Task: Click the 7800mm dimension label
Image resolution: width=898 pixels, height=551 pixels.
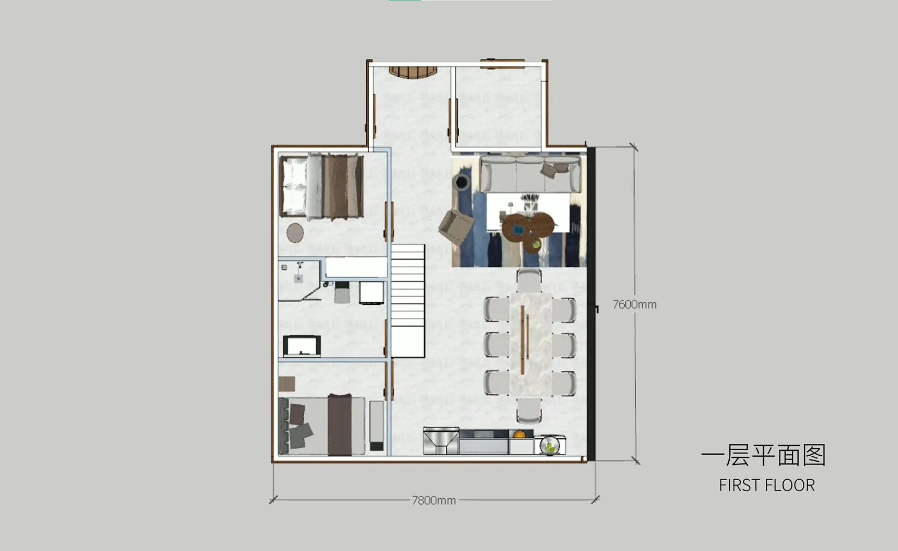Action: click(x=434, y=500)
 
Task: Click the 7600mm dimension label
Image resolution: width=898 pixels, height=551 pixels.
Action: click(x=635, y=305)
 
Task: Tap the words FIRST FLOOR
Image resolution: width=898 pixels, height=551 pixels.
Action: click(x=766, y=485)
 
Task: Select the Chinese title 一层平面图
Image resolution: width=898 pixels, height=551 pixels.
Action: click(x=763, y=455)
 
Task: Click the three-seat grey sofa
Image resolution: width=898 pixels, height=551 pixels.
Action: click(x=531, y=174)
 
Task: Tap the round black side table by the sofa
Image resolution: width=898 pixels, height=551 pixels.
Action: click(x=462, y=182)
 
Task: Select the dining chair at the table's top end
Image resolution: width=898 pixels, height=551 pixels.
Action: click(x=529, y=280)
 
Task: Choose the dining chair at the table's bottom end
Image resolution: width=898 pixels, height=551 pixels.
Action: click(x=529, y=411)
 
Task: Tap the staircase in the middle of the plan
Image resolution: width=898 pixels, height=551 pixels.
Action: click(x=408, y=301)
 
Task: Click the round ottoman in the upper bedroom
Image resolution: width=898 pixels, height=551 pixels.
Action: click(x=295, y=232)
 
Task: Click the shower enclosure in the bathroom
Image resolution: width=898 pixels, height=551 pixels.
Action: click(x=299, y=280)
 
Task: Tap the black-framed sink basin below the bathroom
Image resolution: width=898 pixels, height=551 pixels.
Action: click(x=302, y=346)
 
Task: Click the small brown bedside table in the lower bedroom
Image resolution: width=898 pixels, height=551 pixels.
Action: click(x=287, y=384)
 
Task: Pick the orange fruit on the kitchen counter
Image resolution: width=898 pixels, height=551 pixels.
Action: click(x=519, y=434)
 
